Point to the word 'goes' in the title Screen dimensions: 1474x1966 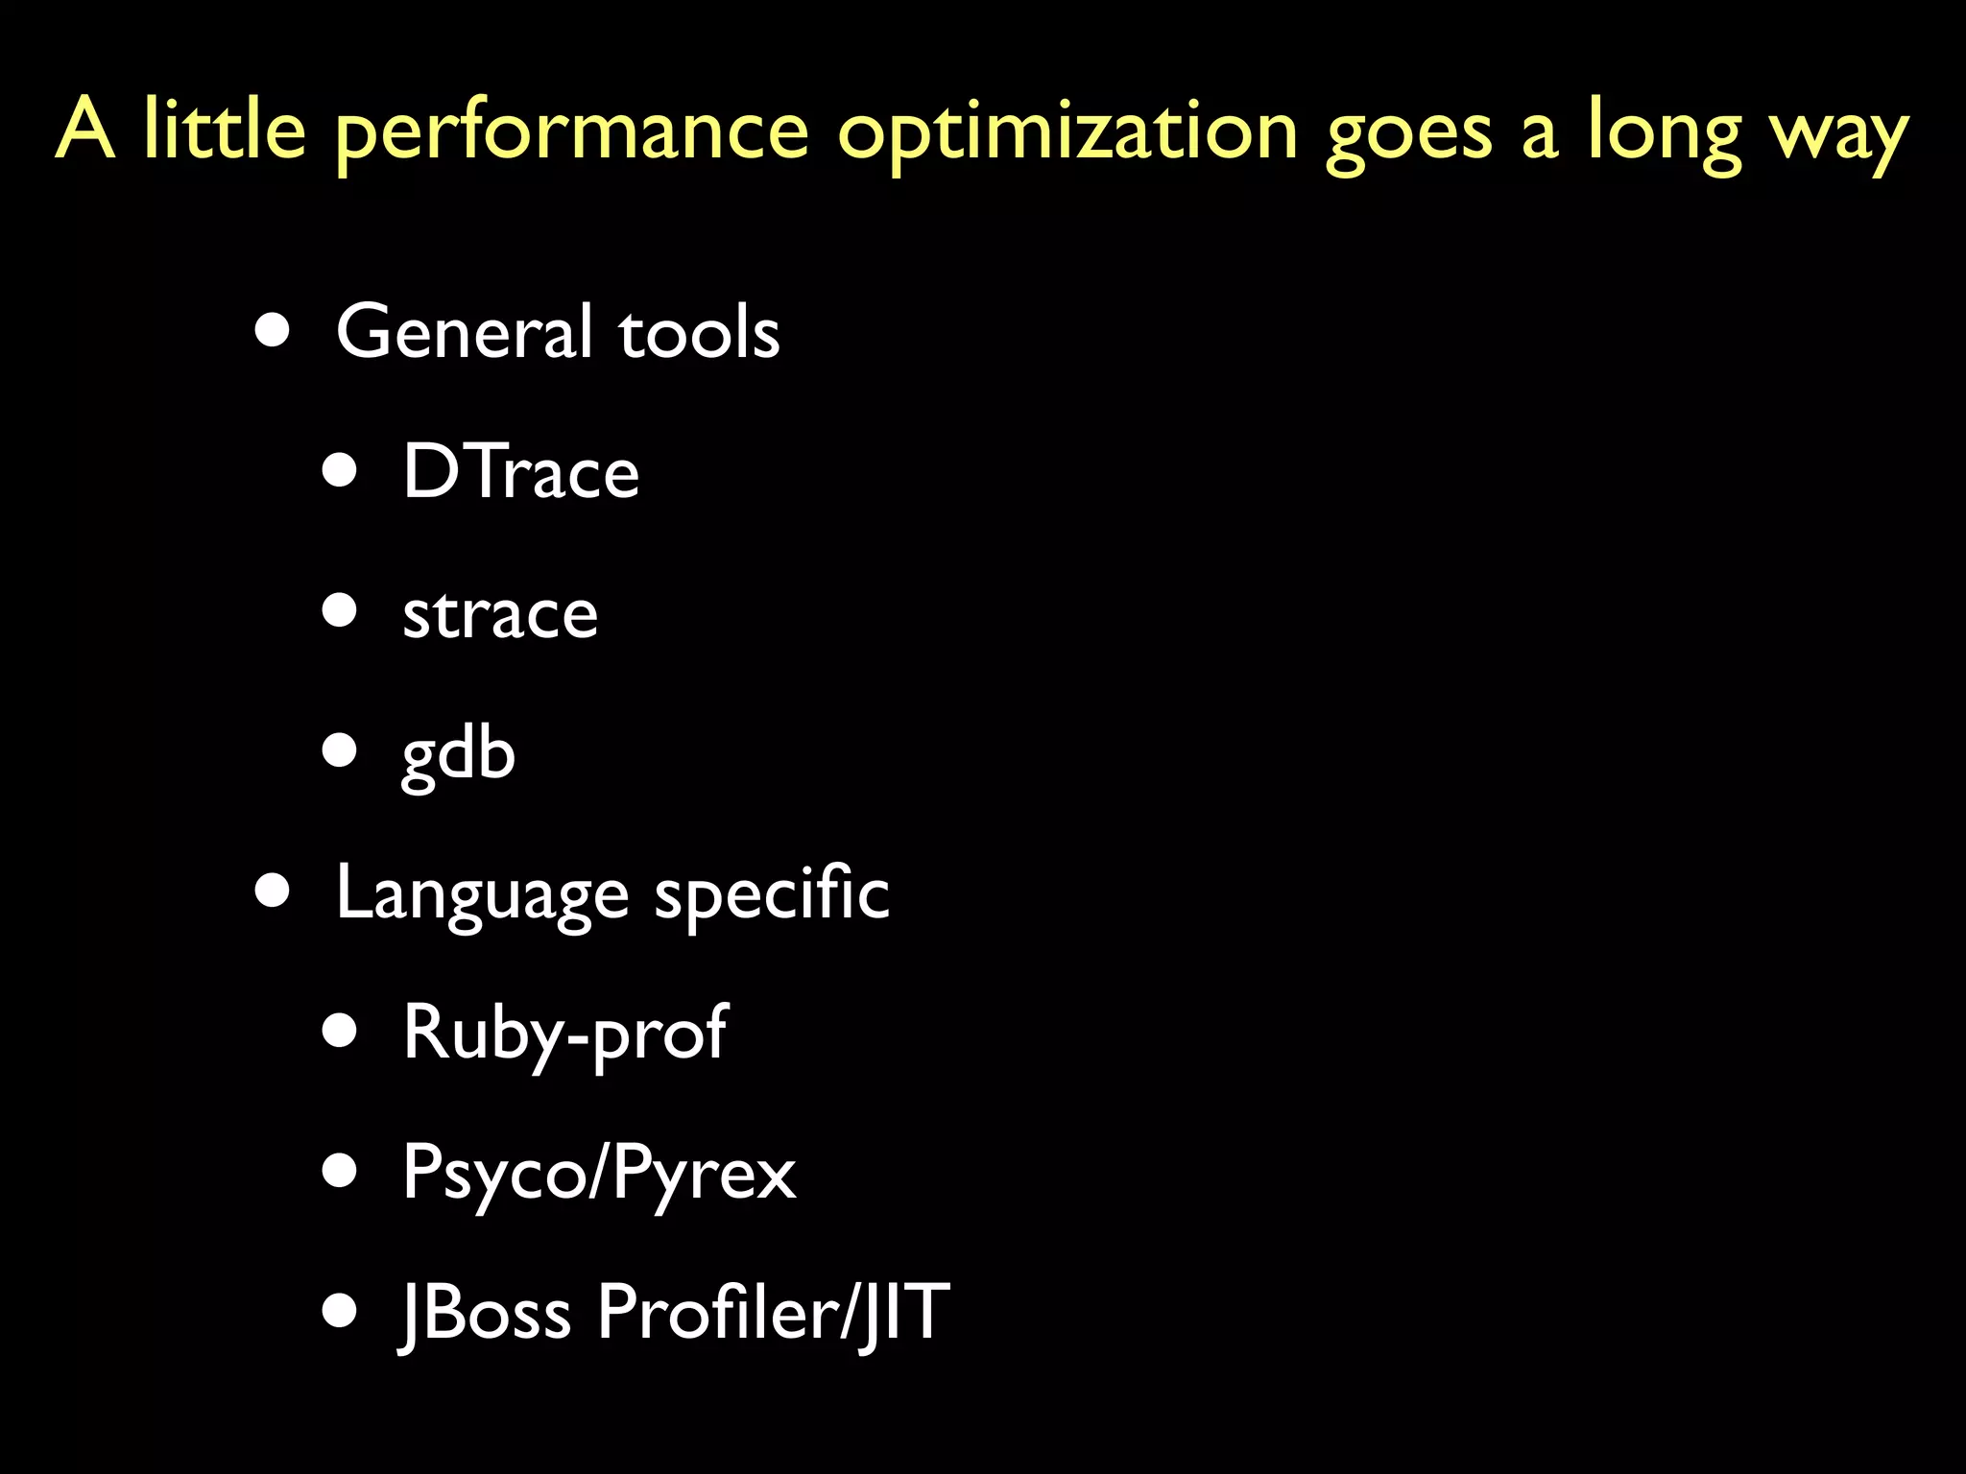click(1409, 134)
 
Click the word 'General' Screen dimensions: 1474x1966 click(464, 331)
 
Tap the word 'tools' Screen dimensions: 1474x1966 click(699, 333)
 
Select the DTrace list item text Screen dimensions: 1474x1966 click(520, 471)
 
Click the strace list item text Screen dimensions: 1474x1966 click(500, 613)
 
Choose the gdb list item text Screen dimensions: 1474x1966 click(458, 754)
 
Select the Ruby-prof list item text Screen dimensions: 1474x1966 click(564, 1034)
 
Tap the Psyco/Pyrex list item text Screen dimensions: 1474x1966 click(599, 1174)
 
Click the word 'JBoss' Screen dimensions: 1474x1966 click(486, 1312)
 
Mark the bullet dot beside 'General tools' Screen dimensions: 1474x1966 click(274, 331)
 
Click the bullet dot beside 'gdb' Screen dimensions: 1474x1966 click(340, 749)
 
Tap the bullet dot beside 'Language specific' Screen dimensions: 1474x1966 click(274, 891)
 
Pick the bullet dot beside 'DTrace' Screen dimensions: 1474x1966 click(340, 470)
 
